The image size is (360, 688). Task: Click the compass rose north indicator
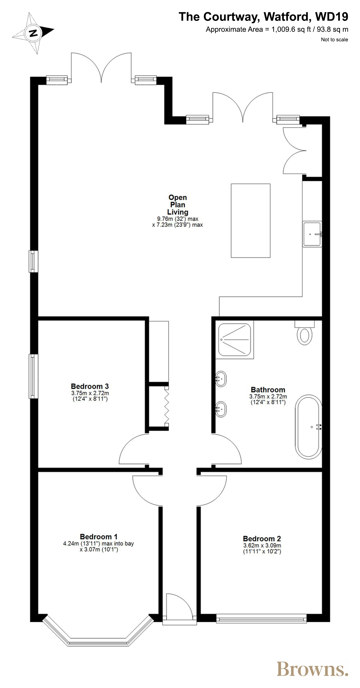pos(33,33)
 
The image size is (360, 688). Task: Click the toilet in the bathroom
pos(305,333)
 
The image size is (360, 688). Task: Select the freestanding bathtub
pos(309,427)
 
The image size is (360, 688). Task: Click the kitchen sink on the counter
pos(312,234)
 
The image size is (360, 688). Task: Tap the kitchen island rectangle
pos(251,221)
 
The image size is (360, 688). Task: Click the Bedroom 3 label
pos(90,386)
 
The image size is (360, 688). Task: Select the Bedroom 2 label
pos(262,539)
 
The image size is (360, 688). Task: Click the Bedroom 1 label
pos(99,537)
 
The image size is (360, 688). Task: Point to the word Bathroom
pos(268,390)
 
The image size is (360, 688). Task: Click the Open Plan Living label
pos(178,205)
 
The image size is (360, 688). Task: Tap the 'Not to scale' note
pos(334,40)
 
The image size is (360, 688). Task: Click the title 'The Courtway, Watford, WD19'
pos(263,17)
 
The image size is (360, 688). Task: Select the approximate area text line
pos(277,29)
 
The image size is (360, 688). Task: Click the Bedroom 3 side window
pos(33,376)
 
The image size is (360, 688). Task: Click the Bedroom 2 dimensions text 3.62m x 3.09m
pos(262,546)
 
